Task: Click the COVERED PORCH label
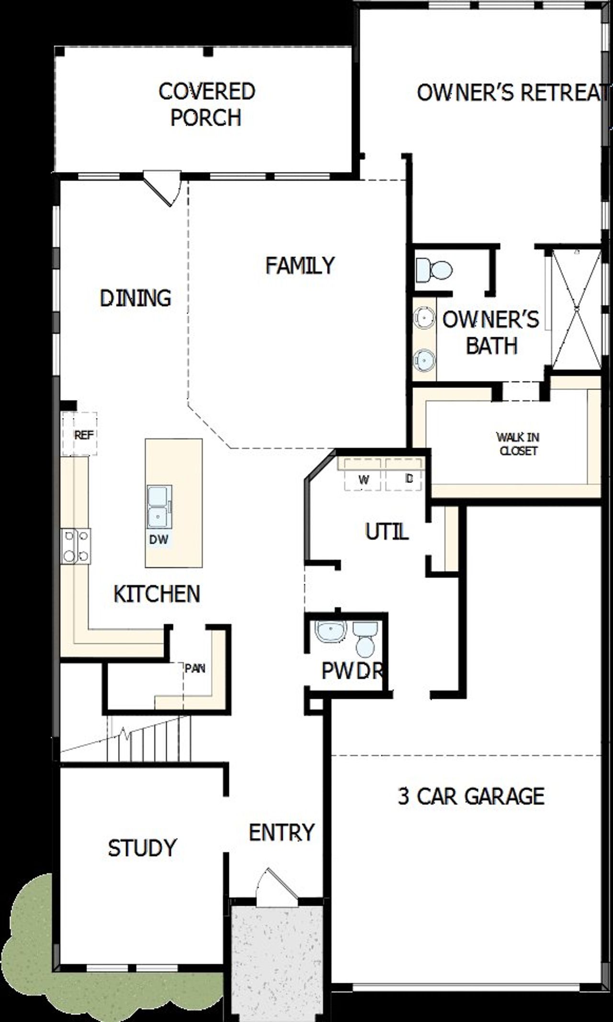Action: click(x=206, y=104)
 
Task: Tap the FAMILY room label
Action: click(x=300, y=265)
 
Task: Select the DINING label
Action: click(x=136, y=298)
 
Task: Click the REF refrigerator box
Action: click(x=80, y=435)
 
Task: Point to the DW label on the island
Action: click(x=159, y=540)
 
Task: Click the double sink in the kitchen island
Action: click(x=159, y=507)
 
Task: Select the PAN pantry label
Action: click(x=195, y=668)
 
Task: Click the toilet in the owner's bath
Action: click(x=434, y=269)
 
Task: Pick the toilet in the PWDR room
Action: click(x=365, y=639)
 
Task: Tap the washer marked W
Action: click(x=363, y=480)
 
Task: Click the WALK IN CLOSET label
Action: click(x=518, y=444)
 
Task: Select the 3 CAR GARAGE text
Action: click(x=471, y=796)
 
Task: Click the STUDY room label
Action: click(x=142, y=848)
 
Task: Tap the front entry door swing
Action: click(x=277, y=888)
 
